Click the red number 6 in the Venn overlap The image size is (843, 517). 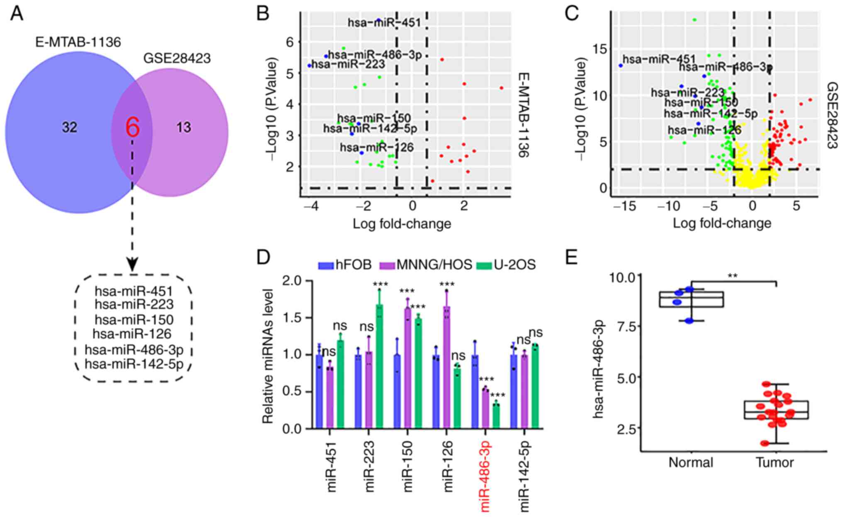(x=132, y=127)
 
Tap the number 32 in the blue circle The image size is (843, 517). (x=70, y=127)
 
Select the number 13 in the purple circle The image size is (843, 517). (x=183, y=127)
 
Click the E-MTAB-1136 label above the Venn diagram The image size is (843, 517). (x=78, y=42)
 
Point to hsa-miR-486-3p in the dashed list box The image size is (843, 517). (x=134, y=350)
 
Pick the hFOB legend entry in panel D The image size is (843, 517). (x=345, y=265)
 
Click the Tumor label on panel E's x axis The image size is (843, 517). (x=775, y=462)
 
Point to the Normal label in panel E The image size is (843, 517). (x=691, y=462)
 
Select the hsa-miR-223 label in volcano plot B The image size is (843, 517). (x=348, y=64)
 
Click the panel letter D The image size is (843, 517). (x=263, y=258)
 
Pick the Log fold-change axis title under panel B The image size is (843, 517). (x=402, y=224)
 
